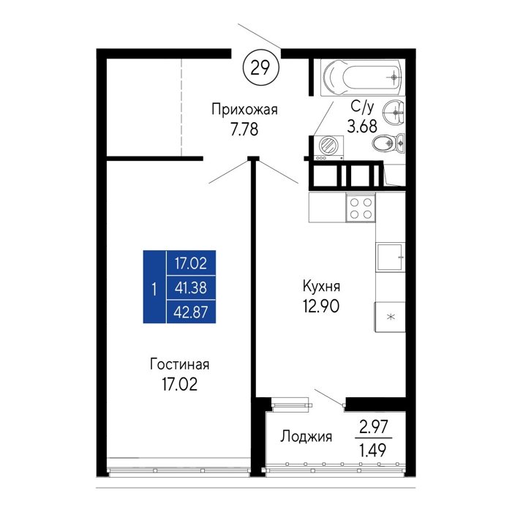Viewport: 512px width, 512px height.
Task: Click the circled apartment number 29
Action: [261, 68]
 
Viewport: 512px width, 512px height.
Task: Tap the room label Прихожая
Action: [244, 110]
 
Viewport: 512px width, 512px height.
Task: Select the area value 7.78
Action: [244, 129]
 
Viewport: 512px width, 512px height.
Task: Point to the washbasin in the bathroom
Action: [394, 113]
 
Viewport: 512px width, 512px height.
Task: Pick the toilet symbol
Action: [388, 143]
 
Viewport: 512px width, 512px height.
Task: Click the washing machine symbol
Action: [329, 148]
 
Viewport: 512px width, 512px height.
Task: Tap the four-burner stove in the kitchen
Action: [361, 208]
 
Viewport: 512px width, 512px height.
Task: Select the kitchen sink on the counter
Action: [391, 257]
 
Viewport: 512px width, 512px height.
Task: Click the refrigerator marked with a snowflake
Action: [390, 317]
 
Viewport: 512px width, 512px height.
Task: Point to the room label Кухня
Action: [321, 286]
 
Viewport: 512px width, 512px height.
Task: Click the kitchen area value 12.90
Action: [321, 306]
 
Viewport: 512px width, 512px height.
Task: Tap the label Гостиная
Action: [179, 364]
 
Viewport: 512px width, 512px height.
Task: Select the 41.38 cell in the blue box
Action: [191, 287]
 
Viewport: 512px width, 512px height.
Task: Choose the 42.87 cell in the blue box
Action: [191, 312]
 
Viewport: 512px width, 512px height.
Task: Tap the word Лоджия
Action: [306, 437]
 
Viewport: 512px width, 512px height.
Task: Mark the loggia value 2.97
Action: [374, 426]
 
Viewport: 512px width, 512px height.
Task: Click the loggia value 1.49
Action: [373, 451]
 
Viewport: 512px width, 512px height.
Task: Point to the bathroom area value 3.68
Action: [362, 126]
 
